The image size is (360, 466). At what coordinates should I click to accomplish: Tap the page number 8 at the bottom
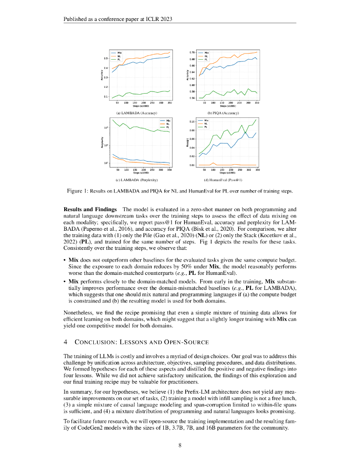click(x=180, y=445)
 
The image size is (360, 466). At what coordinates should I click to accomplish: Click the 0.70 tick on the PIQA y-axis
click(x=192, y=53)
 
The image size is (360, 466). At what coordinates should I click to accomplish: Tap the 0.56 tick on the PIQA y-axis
click(x=192, y=98)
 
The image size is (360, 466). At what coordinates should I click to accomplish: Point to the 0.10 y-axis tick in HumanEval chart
click(x=192, y=122)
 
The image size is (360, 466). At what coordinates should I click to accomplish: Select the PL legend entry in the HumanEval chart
click(x=207, y=127)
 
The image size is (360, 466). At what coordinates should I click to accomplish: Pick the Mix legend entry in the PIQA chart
click(x=207, y=53)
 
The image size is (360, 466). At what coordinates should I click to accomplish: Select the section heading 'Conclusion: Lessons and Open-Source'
click(x=137, y=342)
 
